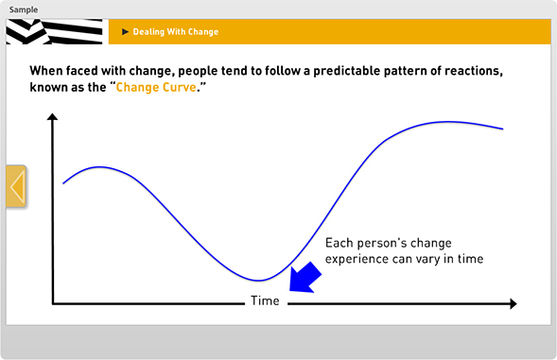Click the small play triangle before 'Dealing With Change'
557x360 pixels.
(125, 32)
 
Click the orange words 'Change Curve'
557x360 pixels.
(156, 87)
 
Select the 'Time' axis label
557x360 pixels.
(265, 302)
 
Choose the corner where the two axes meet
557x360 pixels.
(54, 303)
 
